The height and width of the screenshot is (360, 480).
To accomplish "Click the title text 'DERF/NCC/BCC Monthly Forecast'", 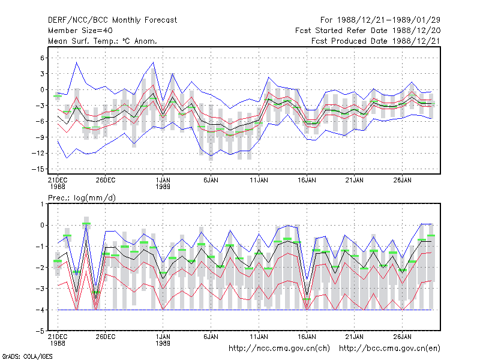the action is pos(112,20).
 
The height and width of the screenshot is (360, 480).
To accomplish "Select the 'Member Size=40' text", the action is pos(80,31).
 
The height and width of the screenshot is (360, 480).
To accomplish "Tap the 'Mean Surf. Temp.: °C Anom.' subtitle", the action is pos(102,41).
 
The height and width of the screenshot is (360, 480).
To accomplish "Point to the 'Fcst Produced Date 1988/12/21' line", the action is pos(376,41).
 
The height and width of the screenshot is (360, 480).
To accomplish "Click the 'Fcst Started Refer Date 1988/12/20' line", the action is pos(368,31).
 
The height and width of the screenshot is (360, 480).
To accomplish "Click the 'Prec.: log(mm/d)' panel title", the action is pos(82,198).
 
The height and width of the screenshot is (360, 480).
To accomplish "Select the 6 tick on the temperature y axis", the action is pos(42,58).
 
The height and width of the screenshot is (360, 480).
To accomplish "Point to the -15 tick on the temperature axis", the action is pos(38,169).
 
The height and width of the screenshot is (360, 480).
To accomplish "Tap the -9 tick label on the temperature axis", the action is pos(40,137).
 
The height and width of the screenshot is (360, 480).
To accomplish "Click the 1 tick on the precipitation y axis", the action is pos(42,204).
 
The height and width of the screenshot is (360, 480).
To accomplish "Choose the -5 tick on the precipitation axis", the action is pos(40,331).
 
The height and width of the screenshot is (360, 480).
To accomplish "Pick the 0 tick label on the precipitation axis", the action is pos(42,226).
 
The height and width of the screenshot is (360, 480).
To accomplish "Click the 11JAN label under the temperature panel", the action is pos(259,181).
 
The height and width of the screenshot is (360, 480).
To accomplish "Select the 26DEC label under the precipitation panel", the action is pos(106,337).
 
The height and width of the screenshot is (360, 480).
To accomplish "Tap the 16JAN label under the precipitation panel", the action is pos(307,337).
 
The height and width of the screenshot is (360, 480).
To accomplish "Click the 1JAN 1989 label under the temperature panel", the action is pos(163,184).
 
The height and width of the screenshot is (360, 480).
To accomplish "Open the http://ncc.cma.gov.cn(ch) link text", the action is pos(279,349).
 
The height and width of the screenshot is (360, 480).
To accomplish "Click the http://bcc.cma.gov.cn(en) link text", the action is pos(389,349).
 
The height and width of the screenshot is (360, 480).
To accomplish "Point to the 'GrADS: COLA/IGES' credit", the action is pos(27,356).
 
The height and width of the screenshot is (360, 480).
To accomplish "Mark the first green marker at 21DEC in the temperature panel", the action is pos(58,96).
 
